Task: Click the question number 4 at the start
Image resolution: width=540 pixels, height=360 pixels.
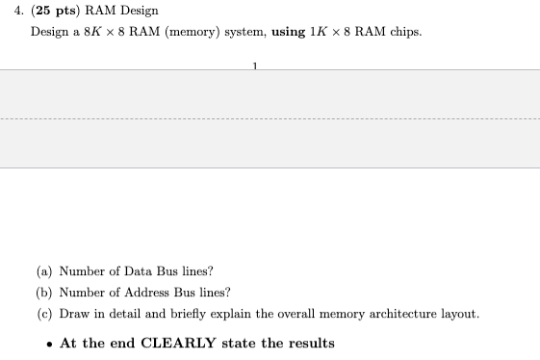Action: click(x=8, y=11)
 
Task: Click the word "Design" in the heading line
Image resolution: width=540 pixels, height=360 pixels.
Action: click(x=138, y=11)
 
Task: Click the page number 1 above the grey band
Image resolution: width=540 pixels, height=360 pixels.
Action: click(x=255, y=65)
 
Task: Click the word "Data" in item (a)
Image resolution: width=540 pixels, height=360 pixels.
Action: click(x=125, y=271)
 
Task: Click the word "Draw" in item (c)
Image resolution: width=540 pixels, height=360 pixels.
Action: click(x=75, y=314)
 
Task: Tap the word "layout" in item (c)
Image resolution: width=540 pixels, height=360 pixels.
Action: click(x=458, y=314)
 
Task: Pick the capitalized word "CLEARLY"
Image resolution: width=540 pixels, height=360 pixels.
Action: click(x=171, y=344)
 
